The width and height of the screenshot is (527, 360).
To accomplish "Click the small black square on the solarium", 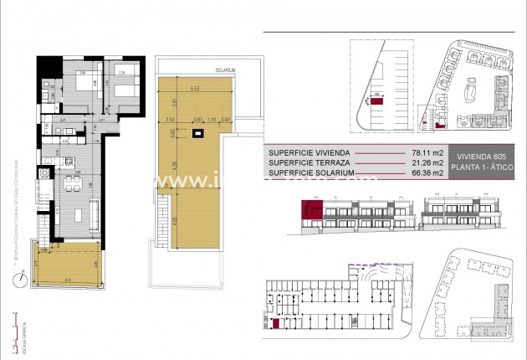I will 197,132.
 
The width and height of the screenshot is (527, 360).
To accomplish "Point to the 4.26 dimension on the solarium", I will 175,165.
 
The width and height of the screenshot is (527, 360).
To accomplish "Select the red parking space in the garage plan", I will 277,321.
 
